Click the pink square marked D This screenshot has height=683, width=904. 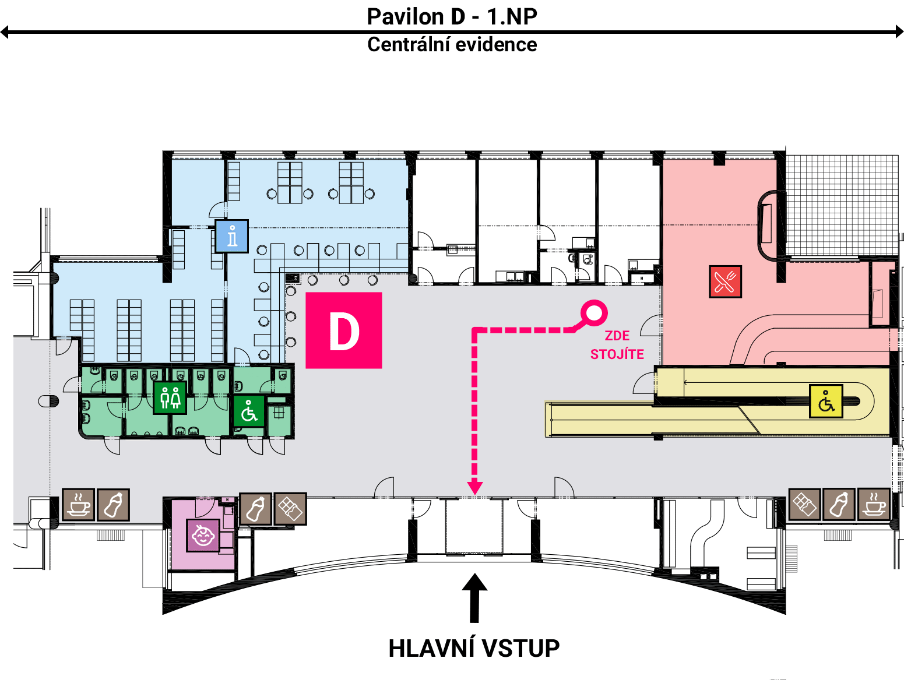(x=343, y=330)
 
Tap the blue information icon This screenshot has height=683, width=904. (x=232, y=236)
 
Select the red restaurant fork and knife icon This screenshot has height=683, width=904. (x=725, y=281)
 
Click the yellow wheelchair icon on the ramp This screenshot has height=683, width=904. (x=826, y=402)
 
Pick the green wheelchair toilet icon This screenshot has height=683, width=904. (x=249, y=411)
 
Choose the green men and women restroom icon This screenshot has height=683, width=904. (x=170, y=397)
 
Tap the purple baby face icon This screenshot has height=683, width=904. (x=203, y=535)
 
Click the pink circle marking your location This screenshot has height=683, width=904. (x=594, y=313)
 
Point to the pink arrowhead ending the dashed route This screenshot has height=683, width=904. (x=475, y=487)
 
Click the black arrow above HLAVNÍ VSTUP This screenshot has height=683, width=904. (x=474, y=598)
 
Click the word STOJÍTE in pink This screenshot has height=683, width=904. (x=617, y=354)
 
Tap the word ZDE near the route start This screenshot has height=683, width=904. (x=617, y=336)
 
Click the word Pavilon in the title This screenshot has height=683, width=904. (x=405, y=17)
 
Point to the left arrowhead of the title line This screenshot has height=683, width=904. (x=4, y=31)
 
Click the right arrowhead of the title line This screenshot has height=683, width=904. (x=899, y=31)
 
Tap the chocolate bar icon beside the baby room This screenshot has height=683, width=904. (x=290, y=509)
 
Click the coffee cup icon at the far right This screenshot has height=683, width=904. (x=874, y=505)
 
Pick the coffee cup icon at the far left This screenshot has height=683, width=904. (x=79, y=505)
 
